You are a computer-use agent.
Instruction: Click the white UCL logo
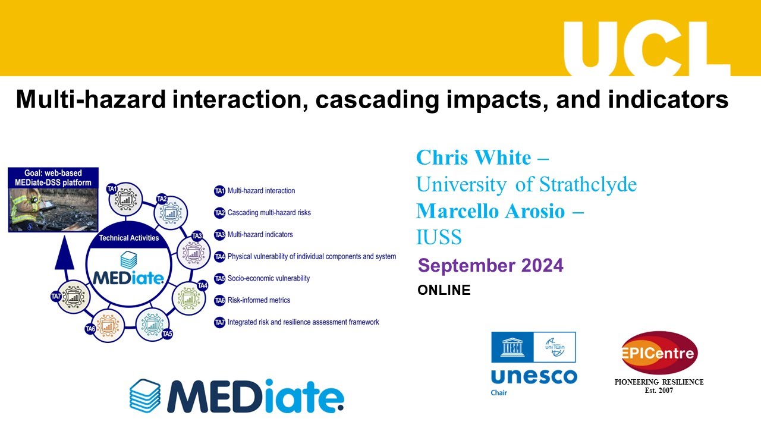coord(646,47)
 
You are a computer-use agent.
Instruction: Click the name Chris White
coord(473,158)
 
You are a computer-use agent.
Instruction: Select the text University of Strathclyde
coord(526,184)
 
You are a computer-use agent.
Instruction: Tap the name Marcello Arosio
coord(490,211)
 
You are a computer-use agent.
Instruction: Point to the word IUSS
coord(439,237)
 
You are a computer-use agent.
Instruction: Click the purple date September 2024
coord(490,265)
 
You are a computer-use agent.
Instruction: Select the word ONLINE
coord(444,290)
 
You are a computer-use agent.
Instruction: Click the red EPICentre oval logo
coord(659,353)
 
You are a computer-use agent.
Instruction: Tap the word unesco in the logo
coord(533,376)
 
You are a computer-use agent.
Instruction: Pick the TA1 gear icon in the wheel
coord(125,200)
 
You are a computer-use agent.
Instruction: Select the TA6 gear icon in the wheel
coord(108,325)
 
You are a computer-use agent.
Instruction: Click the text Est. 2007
coord(659,391)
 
